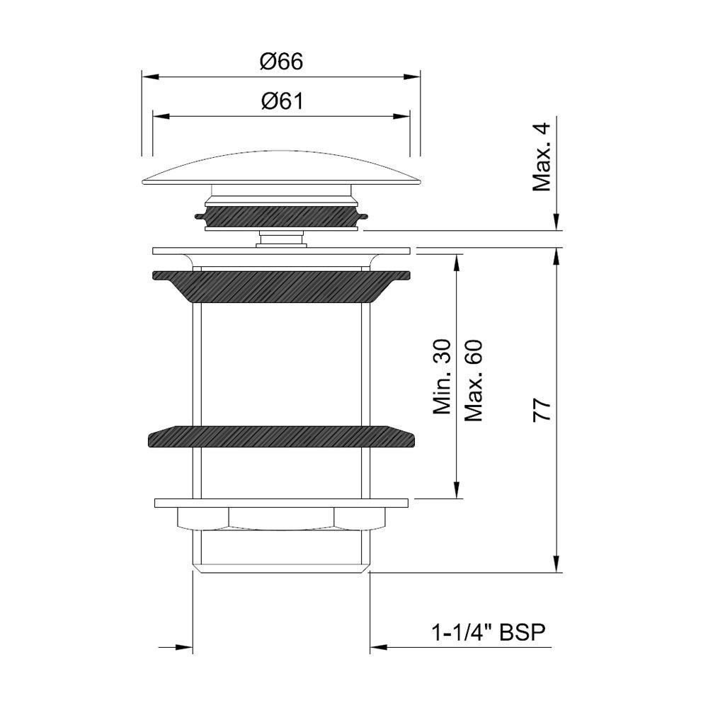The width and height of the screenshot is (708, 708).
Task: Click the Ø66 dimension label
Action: (x=281, y=62)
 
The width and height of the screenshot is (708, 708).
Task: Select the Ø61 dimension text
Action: (x=281, y=102)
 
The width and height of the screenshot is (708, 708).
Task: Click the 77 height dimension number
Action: (x=542, y=411)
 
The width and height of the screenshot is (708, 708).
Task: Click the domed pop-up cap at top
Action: (x=281, y=169)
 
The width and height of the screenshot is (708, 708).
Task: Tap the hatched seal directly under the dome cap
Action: (x=281, y=217)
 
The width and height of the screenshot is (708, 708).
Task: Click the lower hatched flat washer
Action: (x=281, y=435)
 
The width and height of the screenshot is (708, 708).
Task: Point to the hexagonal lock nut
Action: (x=281, y=520)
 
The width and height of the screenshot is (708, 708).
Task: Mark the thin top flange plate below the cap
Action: (x=281, y=251)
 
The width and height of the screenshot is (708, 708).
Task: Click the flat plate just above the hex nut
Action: (x=281, y=503)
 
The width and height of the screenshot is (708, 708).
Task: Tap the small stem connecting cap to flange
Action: (x=281, y=239)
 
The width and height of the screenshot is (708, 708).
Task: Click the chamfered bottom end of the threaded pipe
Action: (x=281, y=566)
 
